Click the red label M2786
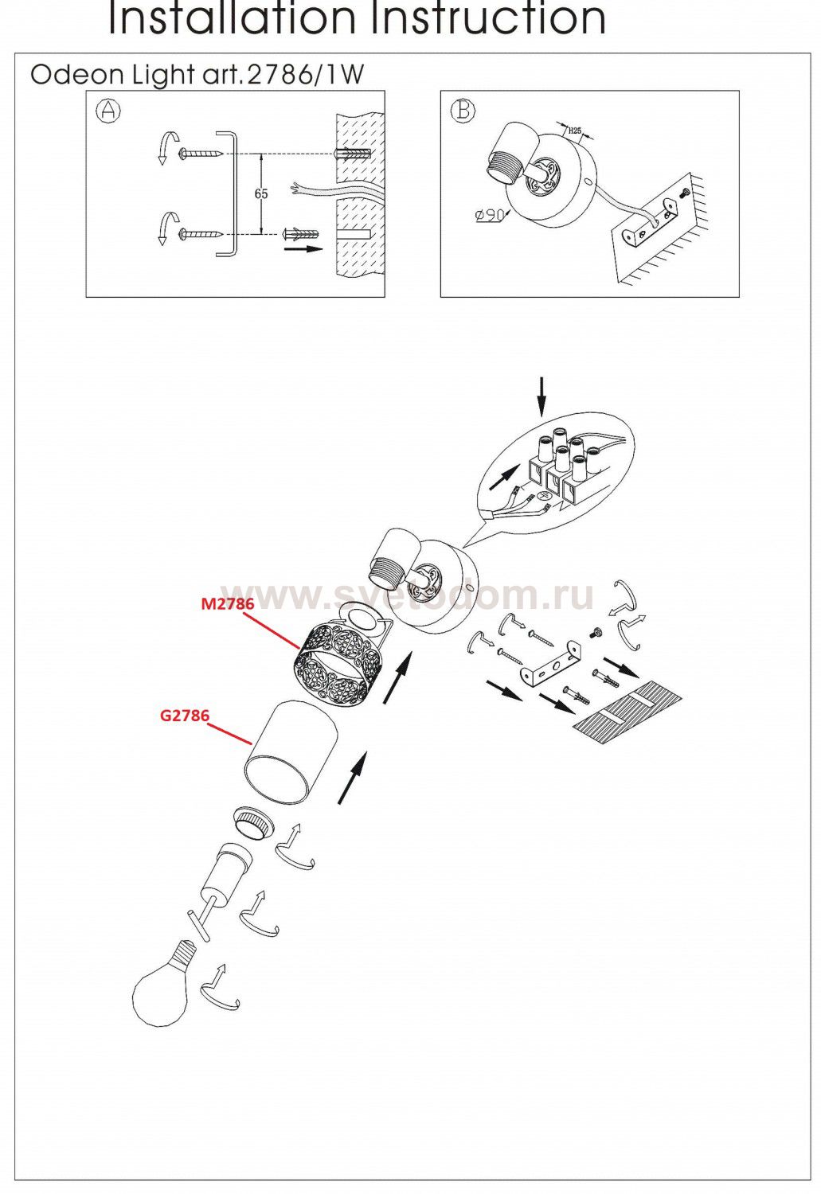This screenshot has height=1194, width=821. [227, 603]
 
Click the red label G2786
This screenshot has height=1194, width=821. [185, 716]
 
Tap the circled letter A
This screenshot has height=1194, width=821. [108, 111]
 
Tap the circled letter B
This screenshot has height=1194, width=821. [463, 111]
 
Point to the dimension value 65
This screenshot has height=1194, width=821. [261, 194]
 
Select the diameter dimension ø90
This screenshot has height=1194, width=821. [490, 215]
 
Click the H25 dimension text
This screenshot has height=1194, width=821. [574, 130]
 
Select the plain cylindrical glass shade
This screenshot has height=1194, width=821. [291, 751]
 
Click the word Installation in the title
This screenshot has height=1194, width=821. [232, 18]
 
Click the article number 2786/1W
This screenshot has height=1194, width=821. [306, 75]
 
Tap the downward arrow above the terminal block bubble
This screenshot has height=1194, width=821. [541, 396]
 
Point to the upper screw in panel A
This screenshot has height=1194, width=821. [201, 154]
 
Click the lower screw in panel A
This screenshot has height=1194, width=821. [201, 233]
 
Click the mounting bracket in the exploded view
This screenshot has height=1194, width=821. [551, 662]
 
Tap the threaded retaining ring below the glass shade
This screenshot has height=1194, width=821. [254, 825]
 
